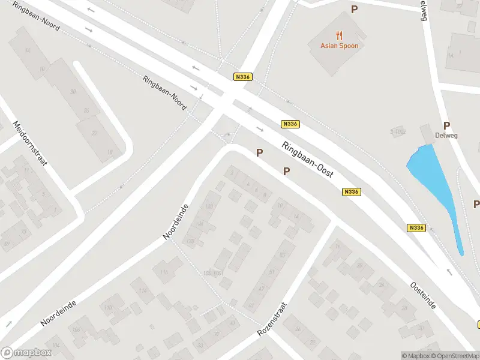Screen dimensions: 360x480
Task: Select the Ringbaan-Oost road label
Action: (308, 159)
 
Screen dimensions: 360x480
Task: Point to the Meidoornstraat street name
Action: (29, 144)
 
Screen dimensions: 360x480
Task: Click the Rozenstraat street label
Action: (272, 319)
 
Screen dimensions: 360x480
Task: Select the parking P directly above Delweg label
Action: (446, 125)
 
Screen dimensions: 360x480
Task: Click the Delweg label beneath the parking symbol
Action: (446, 135)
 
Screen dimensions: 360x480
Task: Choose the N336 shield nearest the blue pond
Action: (416, 228)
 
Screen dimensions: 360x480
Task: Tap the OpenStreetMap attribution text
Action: (455, 356)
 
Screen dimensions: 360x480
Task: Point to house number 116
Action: (164, 272)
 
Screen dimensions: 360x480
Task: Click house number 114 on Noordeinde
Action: (143, 291)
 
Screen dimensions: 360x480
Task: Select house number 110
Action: (109, 307)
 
